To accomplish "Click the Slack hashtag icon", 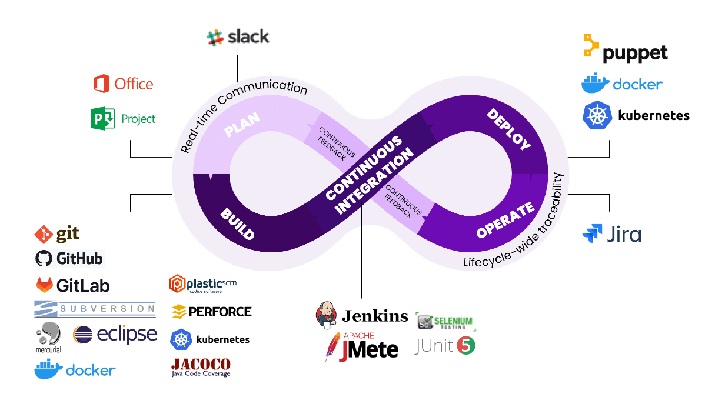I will coord(215,38).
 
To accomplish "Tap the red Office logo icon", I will coord(101,84).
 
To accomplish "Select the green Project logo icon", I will coord(102,118).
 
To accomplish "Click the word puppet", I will coord(635,54).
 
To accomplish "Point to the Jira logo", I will coord(611,234).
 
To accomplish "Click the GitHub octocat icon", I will coord(44,258).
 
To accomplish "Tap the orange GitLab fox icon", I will coord(44,285).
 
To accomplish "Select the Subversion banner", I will coord(95,308).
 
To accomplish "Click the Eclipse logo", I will coord(115,335).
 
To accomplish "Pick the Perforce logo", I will coord(211,311).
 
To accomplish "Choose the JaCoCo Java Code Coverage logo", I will coord(201,367).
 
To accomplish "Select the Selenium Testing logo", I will coord(444,321).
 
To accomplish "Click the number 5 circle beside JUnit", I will coord(466,346).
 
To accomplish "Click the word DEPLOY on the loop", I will coord(509,129).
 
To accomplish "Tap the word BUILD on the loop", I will coord(238,223).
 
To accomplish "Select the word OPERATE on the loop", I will coord(505,220).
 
